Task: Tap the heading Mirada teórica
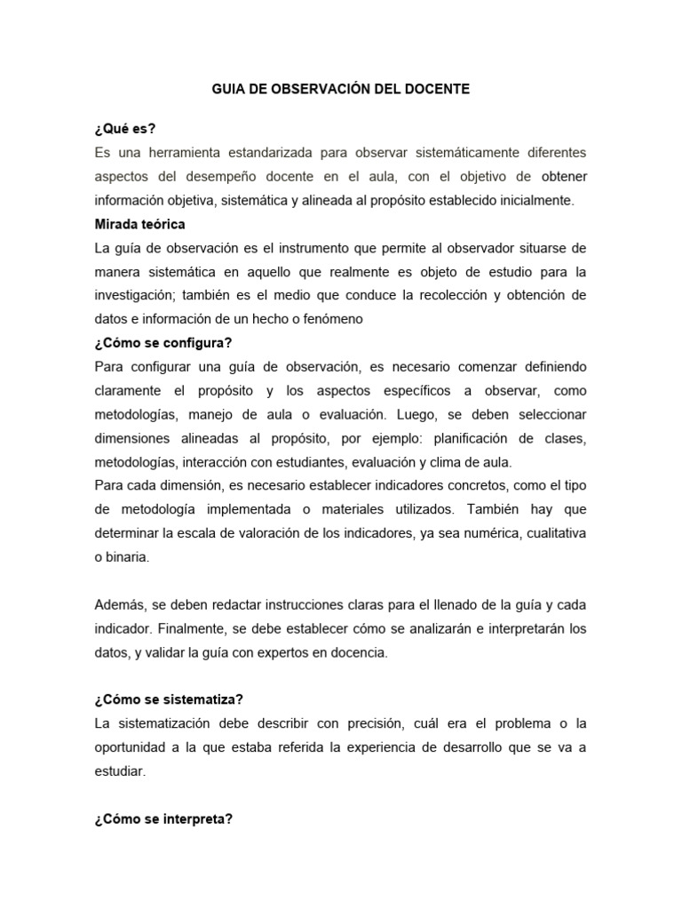click(139, 224)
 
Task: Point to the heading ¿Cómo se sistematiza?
click(169, 698)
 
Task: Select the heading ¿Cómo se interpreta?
click(163, 818)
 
